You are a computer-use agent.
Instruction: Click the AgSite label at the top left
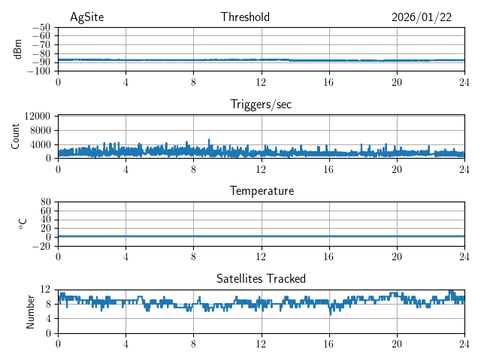tap(86, 17)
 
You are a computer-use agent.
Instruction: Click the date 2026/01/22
tap(422, 17)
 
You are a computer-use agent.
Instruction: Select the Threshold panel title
tap(245, 17)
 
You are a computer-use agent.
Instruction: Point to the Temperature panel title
tap(261, 191)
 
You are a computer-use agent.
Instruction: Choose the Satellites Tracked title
tap(261, 279)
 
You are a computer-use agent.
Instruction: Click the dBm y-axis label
tap(18, 49)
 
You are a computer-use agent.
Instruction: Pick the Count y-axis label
tap(15, 137)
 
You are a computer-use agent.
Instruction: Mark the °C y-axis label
tap(23, 223)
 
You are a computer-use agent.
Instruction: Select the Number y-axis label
tap(30, 311)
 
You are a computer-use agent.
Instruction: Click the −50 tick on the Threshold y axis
tap(42, 27)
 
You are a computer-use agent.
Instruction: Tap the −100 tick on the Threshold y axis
tap(39, 71)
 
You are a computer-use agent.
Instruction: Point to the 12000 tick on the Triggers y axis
tap(38, 117)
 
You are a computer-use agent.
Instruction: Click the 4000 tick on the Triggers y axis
tap(41, 144)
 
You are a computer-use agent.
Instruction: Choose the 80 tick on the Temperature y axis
tap(46, 202)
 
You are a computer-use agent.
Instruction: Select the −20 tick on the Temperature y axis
tap(42, 246)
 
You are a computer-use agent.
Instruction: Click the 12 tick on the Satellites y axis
tap(46, 290)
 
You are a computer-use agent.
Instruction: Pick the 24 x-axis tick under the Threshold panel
tap(464, 83)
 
